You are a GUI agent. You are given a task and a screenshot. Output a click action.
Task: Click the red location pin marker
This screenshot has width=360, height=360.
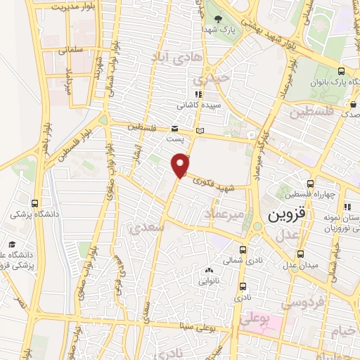click(181, 165)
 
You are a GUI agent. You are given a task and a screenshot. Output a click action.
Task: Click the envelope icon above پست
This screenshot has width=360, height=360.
click(174, 128)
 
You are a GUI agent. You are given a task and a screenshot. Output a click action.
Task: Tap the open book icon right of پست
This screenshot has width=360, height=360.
click(200, 131)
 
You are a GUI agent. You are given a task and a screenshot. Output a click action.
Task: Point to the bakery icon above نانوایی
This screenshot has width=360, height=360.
click(208, 271)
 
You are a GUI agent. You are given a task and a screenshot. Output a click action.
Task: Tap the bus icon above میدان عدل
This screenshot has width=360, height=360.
click(300, 254)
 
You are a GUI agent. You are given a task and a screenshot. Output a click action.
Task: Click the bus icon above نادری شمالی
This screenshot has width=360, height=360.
click(243, 249)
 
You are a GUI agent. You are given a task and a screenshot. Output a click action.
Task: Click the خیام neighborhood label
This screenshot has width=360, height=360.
click(344, 330)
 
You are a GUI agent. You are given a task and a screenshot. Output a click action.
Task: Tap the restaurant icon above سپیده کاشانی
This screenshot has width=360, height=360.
click(199, 94)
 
